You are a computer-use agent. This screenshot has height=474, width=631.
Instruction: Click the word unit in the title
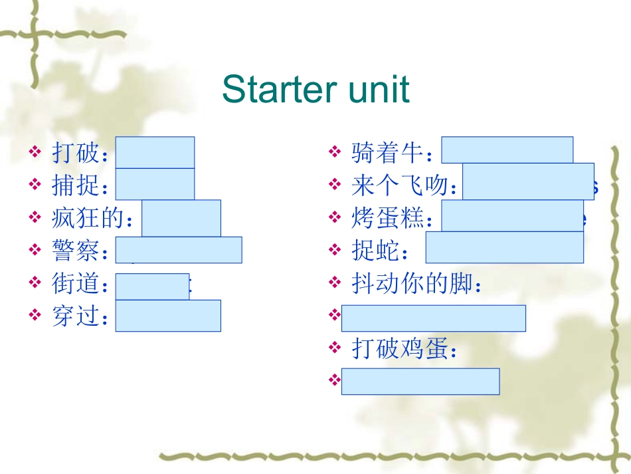coord(381,89)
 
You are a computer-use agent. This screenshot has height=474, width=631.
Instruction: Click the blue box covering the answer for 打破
coord(155,152)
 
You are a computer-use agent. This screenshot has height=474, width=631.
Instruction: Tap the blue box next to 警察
coord(179,250)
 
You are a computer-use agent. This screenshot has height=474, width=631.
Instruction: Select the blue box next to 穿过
coord(168,315)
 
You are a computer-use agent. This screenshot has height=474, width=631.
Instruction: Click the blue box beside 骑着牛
coord(507,150)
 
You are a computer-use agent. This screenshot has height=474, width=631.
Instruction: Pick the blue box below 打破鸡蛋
coord(420,381)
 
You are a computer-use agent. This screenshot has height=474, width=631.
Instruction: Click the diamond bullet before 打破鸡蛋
coord(335,348)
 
